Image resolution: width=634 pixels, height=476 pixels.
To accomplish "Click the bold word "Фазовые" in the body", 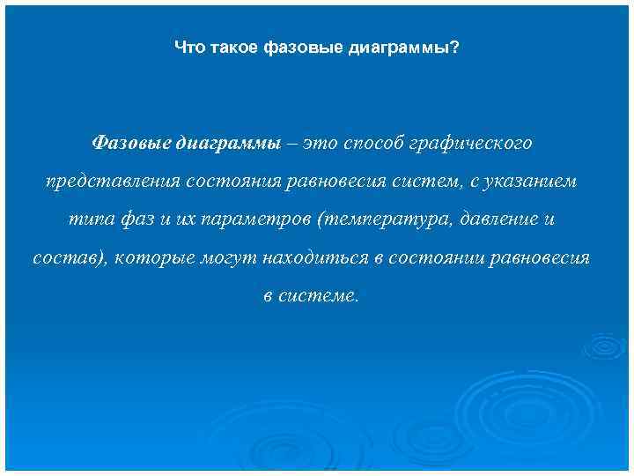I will coord(131,142).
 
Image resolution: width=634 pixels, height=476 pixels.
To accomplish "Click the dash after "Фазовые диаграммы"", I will coord(290,142).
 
